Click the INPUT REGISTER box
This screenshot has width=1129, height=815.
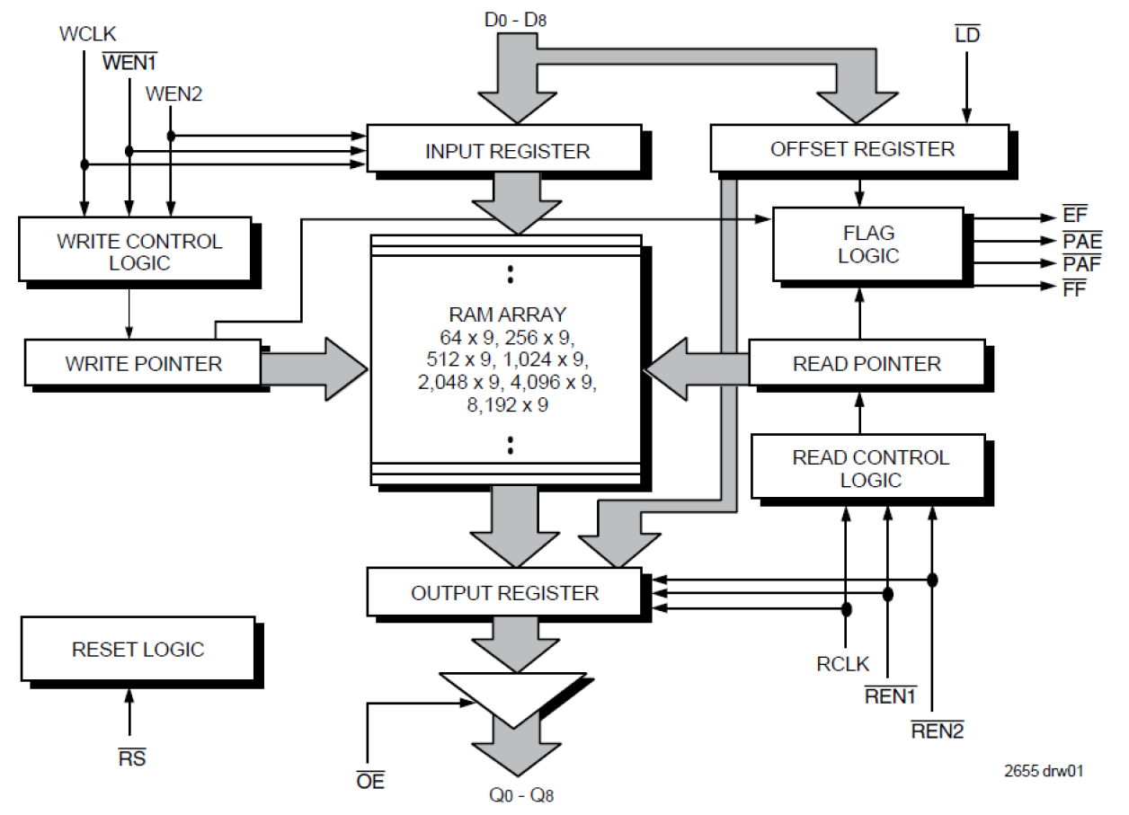(505, 149)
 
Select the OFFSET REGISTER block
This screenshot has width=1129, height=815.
(860, 148)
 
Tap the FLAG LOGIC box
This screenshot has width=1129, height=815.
(867, 244)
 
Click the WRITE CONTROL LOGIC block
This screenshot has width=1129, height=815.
(138, 252)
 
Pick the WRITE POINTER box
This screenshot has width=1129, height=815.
(143, 364)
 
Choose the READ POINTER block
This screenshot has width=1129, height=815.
(867, 364)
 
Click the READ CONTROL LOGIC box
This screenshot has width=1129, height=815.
(869, 468)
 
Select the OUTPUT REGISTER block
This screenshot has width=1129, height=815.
(504, 593)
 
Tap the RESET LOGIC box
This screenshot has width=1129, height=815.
(138, 650)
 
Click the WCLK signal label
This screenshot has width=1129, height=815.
(86, 34)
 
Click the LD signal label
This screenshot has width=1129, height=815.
(967, 35)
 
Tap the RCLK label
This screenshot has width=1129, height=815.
(842, 665)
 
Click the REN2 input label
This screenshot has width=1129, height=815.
(937, 731)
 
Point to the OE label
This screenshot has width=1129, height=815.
(369, 781)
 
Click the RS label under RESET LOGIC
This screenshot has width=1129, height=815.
(131, 758)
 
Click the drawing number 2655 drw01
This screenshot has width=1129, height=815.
(1043, 771)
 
